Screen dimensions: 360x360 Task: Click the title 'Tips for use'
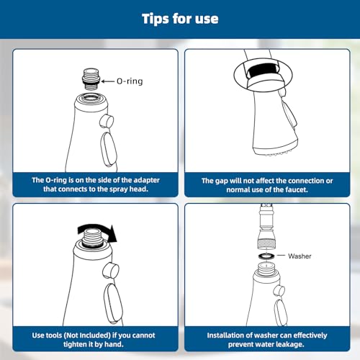pos(180,19)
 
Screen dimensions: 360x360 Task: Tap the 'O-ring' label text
pos(130,81)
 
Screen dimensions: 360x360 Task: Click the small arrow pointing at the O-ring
pos(107,81)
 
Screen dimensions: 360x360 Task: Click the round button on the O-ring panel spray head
pos(107,121)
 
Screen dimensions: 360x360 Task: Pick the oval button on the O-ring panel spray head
pos(109,149)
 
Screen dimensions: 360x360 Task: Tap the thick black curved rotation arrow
pos(97,231)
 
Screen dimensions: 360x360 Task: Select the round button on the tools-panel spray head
pos(111,271)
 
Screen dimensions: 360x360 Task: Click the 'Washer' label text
pos(300,256)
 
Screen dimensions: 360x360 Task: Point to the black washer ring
pos(266,256)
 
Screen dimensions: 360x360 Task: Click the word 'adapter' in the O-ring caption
pos(146,180)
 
